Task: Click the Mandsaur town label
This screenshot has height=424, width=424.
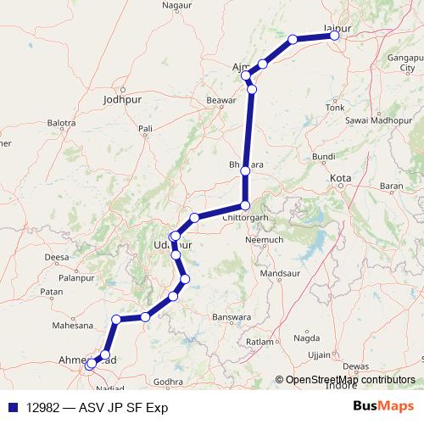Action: [x=281, y=275]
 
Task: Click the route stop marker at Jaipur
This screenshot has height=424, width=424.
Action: [x=334, y=35]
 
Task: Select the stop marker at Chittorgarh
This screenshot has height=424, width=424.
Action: [x=245, y=206]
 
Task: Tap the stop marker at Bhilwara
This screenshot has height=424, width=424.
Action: [x=245, y=171]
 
